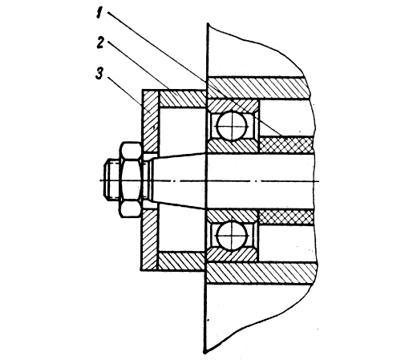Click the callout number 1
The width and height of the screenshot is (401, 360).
point(99,14)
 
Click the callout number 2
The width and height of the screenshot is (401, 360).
point(100,43)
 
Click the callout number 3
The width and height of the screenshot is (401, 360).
point(99,74)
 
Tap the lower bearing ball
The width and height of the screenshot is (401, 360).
point(232,236)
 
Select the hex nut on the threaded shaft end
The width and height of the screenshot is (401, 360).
point(131,180)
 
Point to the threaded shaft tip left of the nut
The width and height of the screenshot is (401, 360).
point(112,180)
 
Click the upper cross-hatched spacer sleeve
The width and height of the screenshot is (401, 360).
point(286,145)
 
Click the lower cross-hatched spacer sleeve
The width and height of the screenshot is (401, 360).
point(286,217)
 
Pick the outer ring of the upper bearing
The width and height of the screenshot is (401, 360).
point(232,105)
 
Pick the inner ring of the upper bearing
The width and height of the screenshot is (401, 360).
point(232,145)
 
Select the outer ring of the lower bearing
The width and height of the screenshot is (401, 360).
point(232,256)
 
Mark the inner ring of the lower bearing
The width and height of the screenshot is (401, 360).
point(232,216)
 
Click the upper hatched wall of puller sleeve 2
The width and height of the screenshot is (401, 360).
point(182,99)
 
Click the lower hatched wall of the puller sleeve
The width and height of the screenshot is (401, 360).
point(182,261)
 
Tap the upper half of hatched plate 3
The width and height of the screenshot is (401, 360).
point(150,122)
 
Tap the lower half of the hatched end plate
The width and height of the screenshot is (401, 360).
point(150,240)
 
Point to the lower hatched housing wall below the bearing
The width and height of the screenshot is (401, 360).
point(261,273)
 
